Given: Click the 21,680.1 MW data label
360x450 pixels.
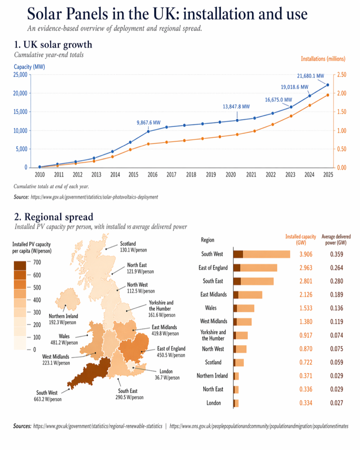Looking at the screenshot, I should (311, 76).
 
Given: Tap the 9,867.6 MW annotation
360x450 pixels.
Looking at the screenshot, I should (148, 123).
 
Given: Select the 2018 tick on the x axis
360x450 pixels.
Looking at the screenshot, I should (191, 174).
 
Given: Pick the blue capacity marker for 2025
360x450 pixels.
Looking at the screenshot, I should (328, 85).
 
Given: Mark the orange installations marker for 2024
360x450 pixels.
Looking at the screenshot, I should (309, 105).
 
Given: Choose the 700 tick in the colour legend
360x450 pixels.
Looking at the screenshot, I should (37, 262).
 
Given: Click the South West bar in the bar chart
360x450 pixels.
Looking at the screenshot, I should (261, 255).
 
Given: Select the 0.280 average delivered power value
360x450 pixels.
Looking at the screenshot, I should (336, 282).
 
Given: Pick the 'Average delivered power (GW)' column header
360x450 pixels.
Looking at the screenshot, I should (336, 240).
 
